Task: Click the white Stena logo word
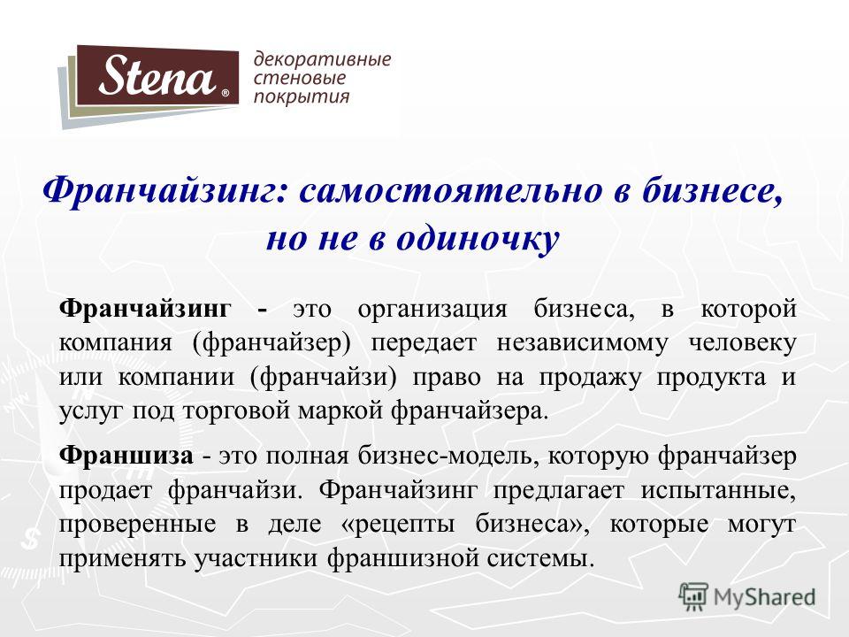pyautogui.click(x=157, y=75)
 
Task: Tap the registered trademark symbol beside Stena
pyautogui.click(x=226, y=93)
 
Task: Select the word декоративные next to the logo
pyautogui.click(x=322, y=59)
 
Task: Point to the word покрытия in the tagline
pyautogui.click(x=302, y=97)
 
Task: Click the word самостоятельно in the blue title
pyautogui.click(x=450, y=191)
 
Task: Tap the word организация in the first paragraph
pyautogui.click(x=432, y=310)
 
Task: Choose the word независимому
pyautogui.click(x=582, y=344)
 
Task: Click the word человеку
pyautogui.click(x=742, y=343)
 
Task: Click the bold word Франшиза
pyautogui.click(x=126, y=456)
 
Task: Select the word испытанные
pyautogui.click(x=718, y=490)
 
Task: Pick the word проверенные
pyautogui.click(x=138, y=525)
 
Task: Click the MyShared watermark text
pyautogui.click(x=764, y=596)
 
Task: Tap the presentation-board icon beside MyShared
pyautogui.click(x=693, y=596)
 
